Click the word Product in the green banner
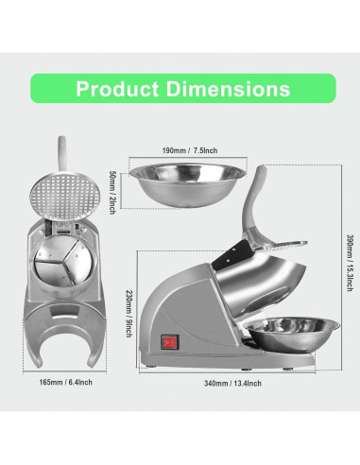117,89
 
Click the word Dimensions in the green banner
228,89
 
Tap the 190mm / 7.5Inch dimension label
190,150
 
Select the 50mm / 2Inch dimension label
111,192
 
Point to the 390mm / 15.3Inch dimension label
350,263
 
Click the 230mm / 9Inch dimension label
129,314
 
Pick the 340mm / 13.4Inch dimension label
232,384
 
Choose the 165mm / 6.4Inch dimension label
65,382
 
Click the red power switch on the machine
170,342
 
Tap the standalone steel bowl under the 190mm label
187,184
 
